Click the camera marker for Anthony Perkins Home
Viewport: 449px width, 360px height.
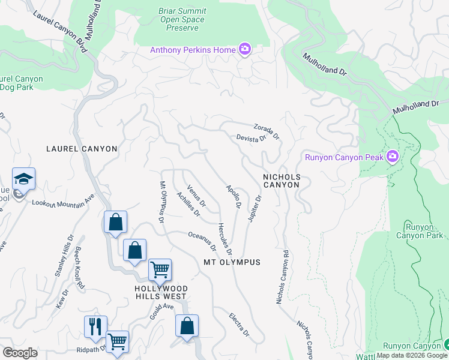[244, 49]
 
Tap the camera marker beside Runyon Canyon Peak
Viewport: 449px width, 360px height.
[393, 157]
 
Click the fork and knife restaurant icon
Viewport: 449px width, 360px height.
[95, 327]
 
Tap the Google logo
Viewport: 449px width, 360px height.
[20, 353]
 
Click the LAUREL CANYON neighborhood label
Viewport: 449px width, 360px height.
[82, 148]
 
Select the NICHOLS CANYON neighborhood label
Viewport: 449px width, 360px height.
[281, 181]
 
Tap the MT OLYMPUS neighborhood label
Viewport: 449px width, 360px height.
[232, 262]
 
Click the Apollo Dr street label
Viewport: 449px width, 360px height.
[233, 196]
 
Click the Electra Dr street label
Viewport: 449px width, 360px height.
[239, 324]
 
